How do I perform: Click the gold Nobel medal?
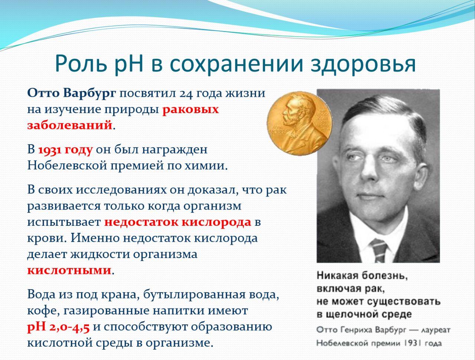coord(300,123)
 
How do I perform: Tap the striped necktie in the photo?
coord(379,251)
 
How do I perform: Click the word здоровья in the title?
coord(363,64)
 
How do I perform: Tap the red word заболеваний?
coord(70,125)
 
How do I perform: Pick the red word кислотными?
coord(69,270)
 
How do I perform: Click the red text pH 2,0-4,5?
coord(58,327)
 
